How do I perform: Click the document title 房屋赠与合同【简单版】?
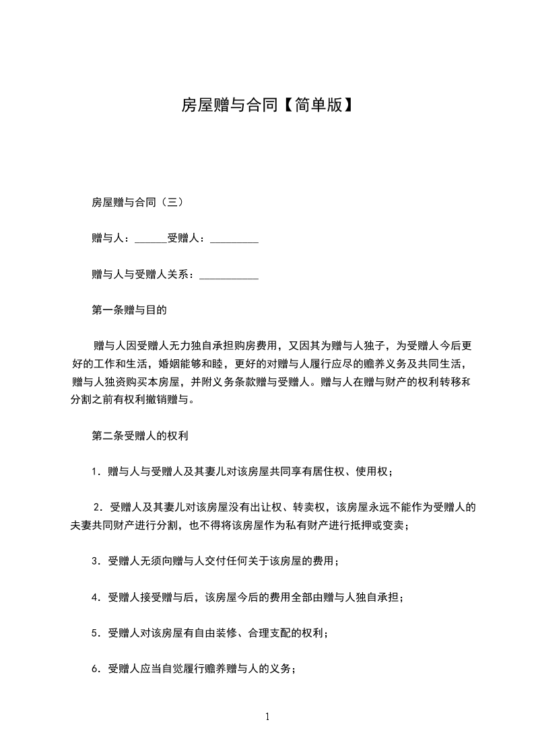(267, 105)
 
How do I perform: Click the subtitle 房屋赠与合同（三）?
(135, 202)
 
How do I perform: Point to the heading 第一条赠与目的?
(129, 311)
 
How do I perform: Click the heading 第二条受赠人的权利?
(139, 436)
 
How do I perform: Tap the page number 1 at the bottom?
(267, 717)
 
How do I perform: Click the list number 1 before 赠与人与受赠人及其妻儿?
(95, 472)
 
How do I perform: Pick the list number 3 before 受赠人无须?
(95, 561)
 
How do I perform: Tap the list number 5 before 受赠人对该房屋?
(95, 633)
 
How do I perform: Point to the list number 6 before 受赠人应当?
(95, 670)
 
